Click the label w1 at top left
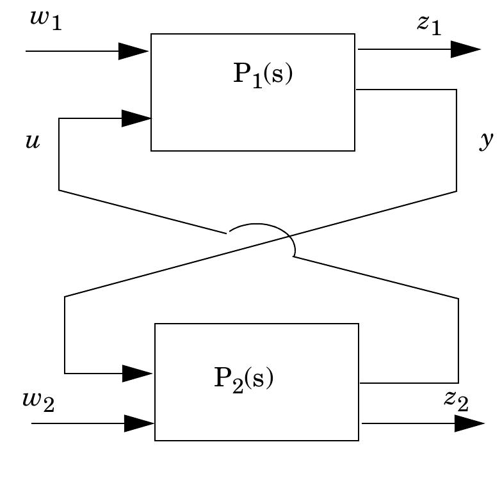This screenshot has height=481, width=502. click(45, 20)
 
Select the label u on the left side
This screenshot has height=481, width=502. click(32, 141)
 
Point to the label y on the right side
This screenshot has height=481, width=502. click(487, 141)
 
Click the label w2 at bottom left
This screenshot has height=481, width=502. click(38, 401)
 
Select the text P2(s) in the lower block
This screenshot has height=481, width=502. click(244, 379)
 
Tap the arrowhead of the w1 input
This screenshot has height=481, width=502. click(134, 51)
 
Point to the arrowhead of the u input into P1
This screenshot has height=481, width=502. click(136, 118)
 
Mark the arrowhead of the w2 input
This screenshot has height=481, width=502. click(139, 423)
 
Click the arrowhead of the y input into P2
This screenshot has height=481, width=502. click(137, 373)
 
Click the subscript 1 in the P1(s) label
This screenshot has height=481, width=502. click(257, 81)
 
